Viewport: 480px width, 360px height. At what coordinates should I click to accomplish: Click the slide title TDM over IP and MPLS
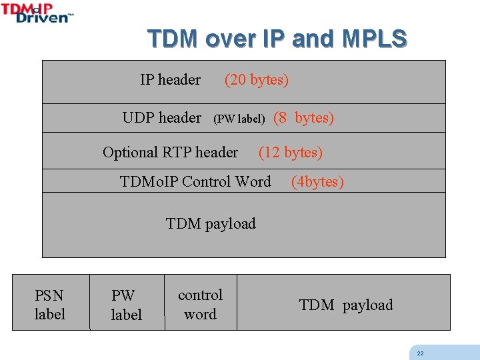point(277,39)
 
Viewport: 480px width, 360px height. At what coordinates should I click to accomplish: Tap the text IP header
point(170,80)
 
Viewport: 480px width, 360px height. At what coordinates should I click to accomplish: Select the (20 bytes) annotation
point(257,80)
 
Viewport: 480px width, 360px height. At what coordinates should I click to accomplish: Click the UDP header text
point(161,117)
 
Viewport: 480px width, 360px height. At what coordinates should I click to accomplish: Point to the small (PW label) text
point(239,119)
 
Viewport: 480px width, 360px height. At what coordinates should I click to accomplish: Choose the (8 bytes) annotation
point(303,118)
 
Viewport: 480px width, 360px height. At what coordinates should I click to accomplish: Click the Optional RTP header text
point(170,152)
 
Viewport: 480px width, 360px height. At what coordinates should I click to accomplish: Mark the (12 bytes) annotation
point(291,153)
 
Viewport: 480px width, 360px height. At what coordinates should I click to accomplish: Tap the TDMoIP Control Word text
point(195,181)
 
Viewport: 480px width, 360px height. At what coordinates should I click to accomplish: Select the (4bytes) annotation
point(317,182)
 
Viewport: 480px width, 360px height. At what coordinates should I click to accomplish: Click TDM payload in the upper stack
point(211,223)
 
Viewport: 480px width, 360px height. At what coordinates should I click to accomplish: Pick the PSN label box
point(50,304)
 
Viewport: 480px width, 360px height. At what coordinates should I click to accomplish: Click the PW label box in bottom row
point(126,304)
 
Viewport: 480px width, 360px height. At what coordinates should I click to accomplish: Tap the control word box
point(200,304)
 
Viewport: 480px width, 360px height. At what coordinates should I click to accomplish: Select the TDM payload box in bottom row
point(346,305)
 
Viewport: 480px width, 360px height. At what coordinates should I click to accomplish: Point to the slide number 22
point(420,353)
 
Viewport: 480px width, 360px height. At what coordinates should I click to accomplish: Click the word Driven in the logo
point(42,18)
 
